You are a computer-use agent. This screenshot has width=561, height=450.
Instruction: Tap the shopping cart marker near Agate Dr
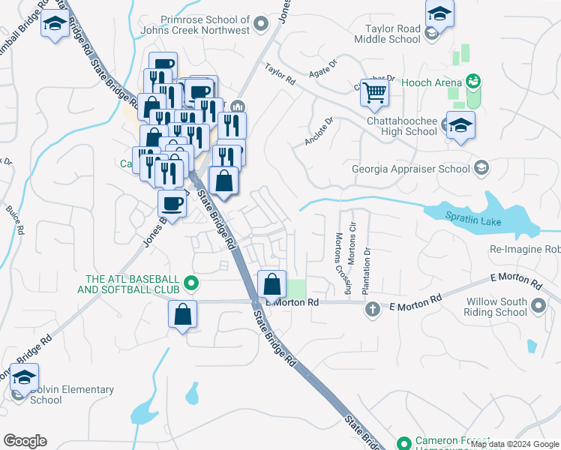pyautogui.click(x=374, y=94)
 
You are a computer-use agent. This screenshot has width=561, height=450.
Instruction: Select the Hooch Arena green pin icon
pyautogui.click(x=472, y=79)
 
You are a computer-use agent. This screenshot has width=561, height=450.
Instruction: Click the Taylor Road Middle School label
pyautogui.click(x=392, y=34)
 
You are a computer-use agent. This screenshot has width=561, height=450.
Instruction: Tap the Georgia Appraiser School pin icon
pyautogui.click(x=481, y=169)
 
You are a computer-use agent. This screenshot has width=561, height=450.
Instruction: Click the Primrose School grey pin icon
pyautogui.click(x=261, y=25)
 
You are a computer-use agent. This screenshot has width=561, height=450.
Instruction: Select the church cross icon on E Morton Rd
pyautogui.click(x=371, y=308)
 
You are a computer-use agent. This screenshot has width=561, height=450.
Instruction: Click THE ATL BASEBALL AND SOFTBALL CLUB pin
pyautogui.click(x=191, y=283)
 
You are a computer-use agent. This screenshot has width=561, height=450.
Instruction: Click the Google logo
pyautogui.click(x=25, y=441)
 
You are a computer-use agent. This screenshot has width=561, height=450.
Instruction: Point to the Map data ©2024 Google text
pyautogui.click(x=514, y=444)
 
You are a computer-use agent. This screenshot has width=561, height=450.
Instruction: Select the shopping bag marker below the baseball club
pyautogui.click(x=182, y=315)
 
